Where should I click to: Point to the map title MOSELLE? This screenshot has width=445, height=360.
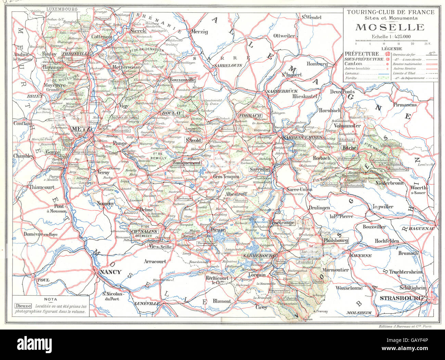coord(391,27)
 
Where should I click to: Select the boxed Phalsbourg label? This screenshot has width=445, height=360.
coord(335,241)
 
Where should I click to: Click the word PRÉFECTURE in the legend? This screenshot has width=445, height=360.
coord(362,54)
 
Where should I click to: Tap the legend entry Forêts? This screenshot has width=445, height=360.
coord(351,78)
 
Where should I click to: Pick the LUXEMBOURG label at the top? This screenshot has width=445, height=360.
coord(62,9)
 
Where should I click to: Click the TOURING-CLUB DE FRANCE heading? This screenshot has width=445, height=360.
coord(391,12)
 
